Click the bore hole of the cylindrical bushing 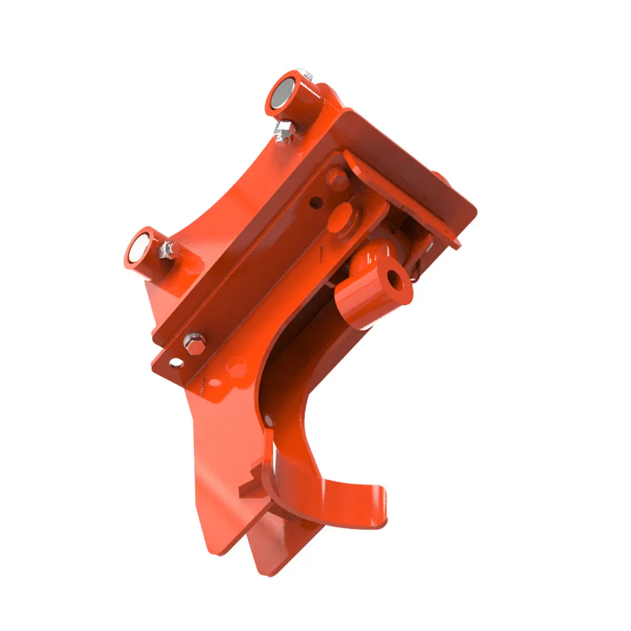click(x=393, y=278)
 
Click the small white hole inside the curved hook click(x=269, y=419)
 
